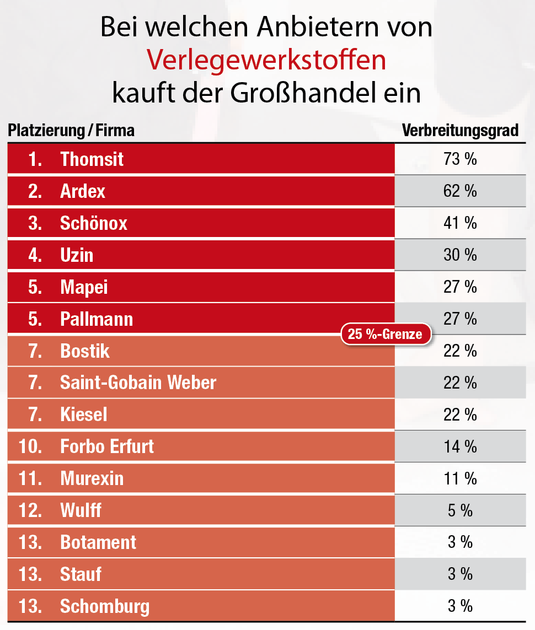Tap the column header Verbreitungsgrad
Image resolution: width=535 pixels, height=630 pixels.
(x=460, y=131)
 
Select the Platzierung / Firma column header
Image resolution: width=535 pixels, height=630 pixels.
(x=71, y=131)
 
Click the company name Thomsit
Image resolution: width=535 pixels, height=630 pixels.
(x=92, y=159)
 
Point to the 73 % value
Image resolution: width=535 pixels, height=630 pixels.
(x=460, y=159)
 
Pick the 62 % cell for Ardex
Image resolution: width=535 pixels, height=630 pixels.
(x=460, y=191)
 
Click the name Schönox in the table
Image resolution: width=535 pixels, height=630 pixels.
(x=94, y=223)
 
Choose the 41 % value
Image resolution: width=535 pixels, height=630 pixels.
(x=460, y=223)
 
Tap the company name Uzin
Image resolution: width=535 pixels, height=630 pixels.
(x=77, y=255)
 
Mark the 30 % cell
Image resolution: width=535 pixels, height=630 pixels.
(x=460, y=255)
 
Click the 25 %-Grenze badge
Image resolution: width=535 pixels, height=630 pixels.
(x=385, y=334)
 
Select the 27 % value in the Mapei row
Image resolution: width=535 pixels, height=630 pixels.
(x=460, y=287)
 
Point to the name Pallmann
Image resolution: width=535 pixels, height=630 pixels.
(x=97, y=319)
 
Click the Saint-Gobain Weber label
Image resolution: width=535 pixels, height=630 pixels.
(x=138, y=383)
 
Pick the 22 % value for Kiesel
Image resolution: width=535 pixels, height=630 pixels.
(x=460, y=414)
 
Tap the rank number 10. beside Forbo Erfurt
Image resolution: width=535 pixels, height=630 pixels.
(x=30, y=446)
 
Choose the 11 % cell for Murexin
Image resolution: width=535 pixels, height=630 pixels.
(x=460, y=478)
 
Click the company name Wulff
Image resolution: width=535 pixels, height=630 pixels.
(x=81, y=510)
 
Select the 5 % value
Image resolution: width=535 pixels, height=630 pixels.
(x=460, y=510)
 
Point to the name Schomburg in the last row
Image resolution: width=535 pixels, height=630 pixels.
(x=105, y=606)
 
